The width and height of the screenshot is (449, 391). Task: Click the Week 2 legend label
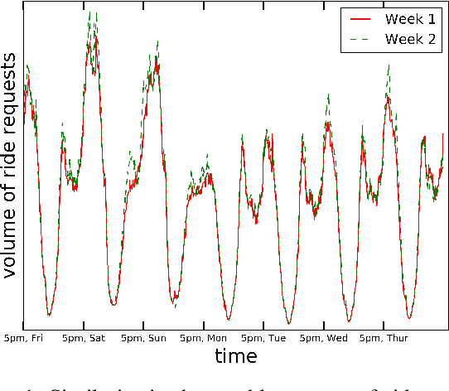coord(406,39)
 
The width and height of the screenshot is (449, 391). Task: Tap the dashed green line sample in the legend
coord(358,39)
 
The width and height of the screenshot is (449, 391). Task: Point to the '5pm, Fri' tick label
coord(22,338)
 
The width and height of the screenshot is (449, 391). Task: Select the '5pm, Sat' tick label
coord(83,338)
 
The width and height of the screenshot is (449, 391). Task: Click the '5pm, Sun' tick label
coord(142,338)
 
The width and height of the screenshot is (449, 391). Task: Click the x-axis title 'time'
coord(236,357)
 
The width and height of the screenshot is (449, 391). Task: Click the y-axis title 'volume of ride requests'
coord(12,166)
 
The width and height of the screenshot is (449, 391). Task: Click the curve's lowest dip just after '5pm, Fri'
coord(49,316)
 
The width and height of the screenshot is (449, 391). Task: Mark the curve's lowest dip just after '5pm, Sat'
coord(113,304)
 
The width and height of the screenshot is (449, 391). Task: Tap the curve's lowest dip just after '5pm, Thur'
coord(409,318)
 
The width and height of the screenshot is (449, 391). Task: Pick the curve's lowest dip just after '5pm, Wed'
coord(349,321)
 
